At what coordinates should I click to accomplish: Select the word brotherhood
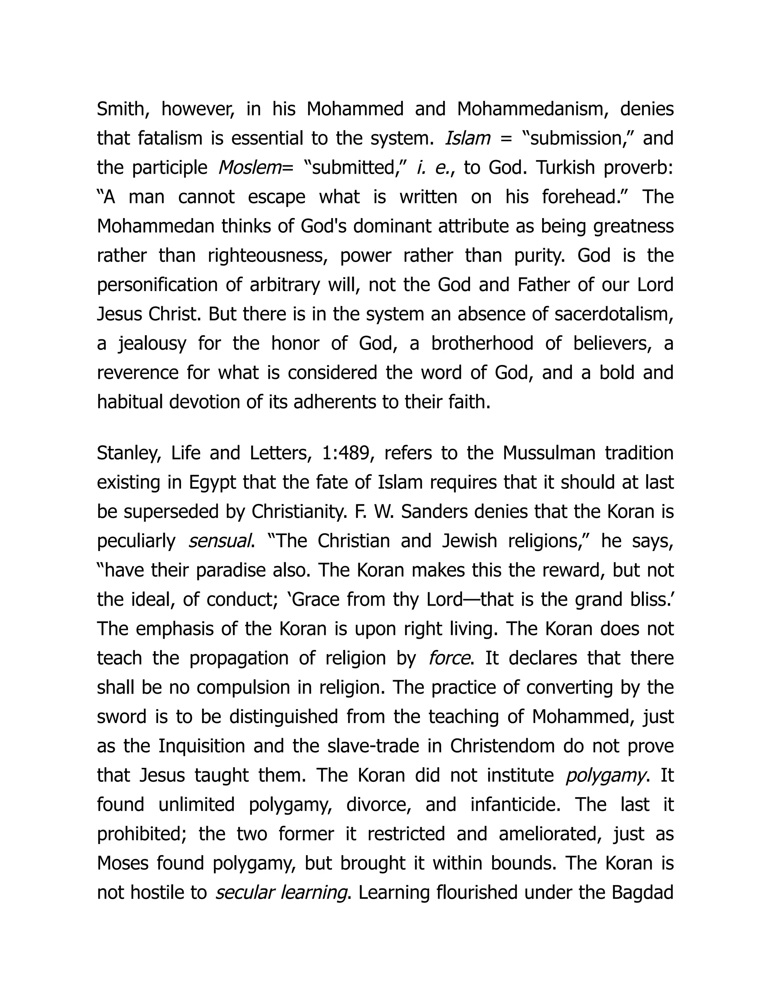tap(482, 343)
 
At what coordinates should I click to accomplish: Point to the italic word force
tap(449, 658)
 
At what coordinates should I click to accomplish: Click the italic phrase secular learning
tap(281, 893)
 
